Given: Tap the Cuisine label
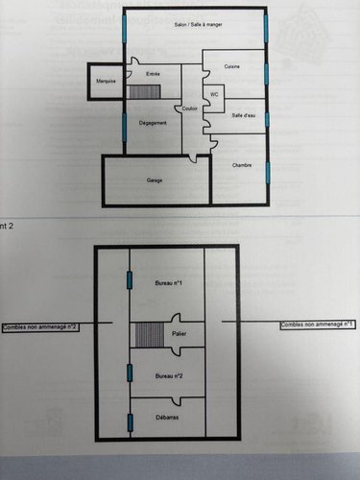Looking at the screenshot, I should [x=232, y=66].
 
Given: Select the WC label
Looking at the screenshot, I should [x=215, y=94].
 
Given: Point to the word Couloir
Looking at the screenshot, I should [x=189, y=108].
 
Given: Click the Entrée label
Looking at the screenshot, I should [x=153, y=74].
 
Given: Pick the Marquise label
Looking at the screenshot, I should [x=107, y=82].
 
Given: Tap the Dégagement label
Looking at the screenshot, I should [x=153, y=123].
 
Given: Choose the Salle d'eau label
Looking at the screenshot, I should [x=243, y=115].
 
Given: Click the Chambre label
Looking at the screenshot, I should [x=242, y=165].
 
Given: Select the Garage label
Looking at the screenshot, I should [x=154, y=180].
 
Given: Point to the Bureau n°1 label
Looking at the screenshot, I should [x=168, y=283].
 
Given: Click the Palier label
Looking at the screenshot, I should [x=179, y=333].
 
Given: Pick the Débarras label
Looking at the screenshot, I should [x=167, y=418].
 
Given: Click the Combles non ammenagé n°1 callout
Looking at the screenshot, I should [x=318, y=325].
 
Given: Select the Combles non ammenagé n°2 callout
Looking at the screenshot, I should [x=40, y=327].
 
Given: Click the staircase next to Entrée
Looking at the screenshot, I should [x=144, y=91].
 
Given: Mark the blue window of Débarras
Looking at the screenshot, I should [x=130, y=421].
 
